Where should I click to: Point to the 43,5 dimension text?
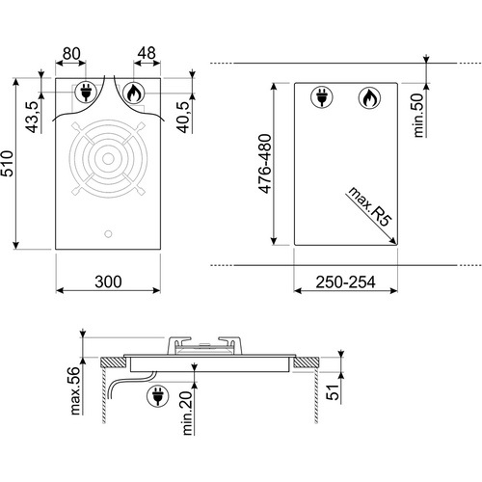pos(32,116)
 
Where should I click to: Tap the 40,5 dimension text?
pos(182,115)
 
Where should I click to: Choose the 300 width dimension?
pos(109,281)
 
